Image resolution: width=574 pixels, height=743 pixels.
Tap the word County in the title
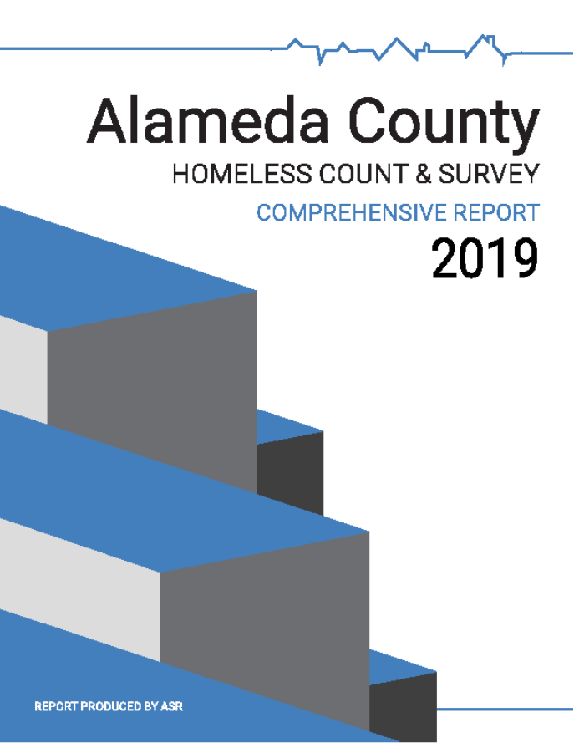(x=444, y=125)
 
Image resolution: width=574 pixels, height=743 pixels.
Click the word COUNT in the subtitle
(x=363, y=174)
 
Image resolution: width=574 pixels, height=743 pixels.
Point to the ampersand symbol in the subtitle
(x=424, y=174)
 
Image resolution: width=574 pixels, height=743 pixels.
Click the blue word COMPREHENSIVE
(x=352, y=212)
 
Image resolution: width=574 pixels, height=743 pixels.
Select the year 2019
(x=485, y=258)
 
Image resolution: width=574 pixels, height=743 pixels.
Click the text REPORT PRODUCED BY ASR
(x=109, y=706)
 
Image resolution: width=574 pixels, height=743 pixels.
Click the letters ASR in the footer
(x=172, y=706)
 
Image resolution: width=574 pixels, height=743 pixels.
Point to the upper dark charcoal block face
(x=290, y=478)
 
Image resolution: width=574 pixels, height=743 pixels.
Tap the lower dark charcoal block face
(x=403, y=706)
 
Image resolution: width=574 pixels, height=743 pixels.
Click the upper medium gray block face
(x=152, y=391)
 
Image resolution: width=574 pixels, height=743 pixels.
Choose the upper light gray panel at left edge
(x=23, y=369)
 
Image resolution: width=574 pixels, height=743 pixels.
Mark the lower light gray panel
(x=79, y=589)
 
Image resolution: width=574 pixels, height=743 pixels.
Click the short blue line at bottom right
(x=505, y=710)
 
